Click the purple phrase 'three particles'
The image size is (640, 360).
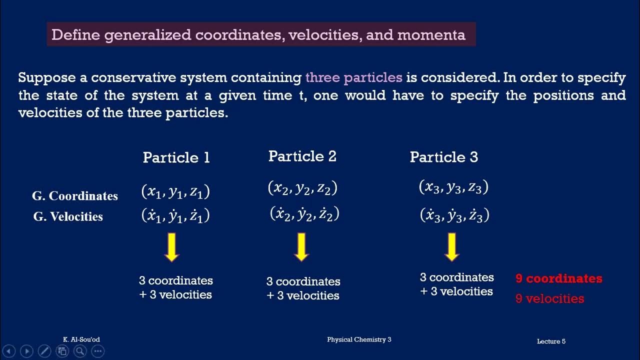coord(353,77)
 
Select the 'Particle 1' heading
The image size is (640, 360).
coord(176,157)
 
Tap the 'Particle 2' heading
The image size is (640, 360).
coord(302,156)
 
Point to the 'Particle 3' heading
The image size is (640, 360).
coord(443,157)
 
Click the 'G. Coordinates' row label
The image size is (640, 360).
coord(75,196)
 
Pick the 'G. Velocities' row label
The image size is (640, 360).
coord(68,216)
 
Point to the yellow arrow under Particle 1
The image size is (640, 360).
coord(171,247)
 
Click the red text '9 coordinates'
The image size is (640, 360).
coord(558,278)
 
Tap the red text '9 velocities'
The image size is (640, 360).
coord(549,298)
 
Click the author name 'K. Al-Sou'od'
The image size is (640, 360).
coord(81,339)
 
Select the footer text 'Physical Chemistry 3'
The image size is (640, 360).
coord(359,339)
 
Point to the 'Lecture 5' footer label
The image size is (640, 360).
coord(551,341)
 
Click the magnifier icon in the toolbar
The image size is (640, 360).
coord(80,351)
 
